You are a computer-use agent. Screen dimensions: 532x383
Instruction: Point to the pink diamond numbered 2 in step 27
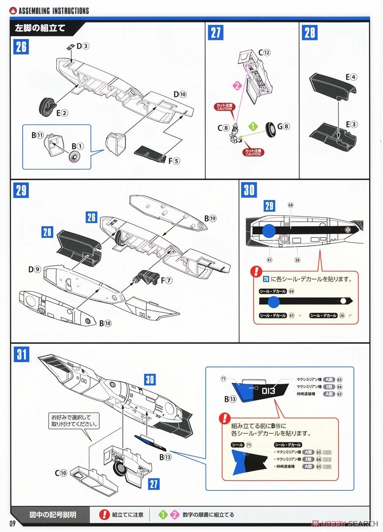tap(237, 85)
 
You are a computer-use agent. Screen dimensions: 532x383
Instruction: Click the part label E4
tap(351, 76)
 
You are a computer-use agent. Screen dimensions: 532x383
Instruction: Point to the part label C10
tap(62, 473)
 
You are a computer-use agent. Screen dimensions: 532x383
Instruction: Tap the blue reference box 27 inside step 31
tap(153, 483)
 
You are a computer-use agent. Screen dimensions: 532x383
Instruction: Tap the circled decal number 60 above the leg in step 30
tap(290, 205)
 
